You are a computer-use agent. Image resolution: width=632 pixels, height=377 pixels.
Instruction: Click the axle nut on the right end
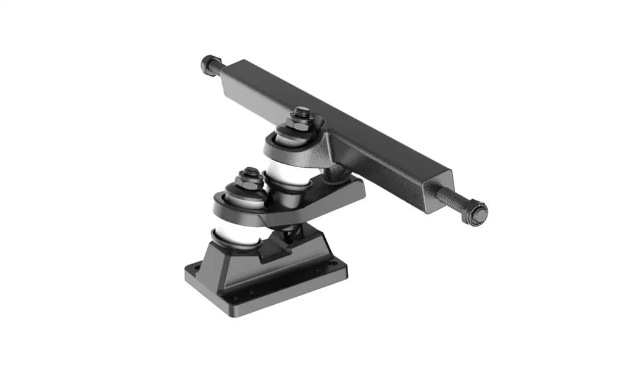coord(478,213)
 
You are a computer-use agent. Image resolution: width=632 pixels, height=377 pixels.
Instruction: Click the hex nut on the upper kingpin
coord(301,121)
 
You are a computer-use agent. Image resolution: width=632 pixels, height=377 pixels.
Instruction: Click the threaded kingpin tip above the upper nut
coord(301,111)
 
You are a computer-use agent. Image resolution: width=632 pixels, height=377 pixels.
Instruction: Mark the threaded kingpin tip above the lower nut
coord(250,171)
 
